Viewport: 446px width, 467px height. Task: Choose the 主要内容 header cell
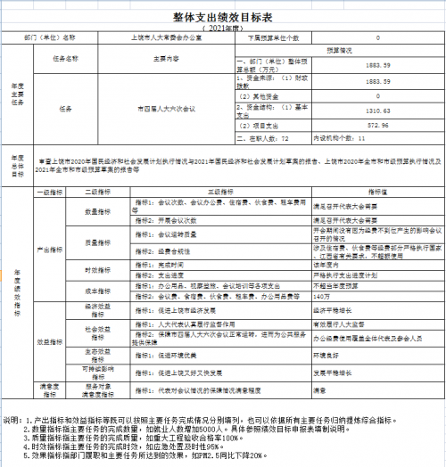coord(161,58)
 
